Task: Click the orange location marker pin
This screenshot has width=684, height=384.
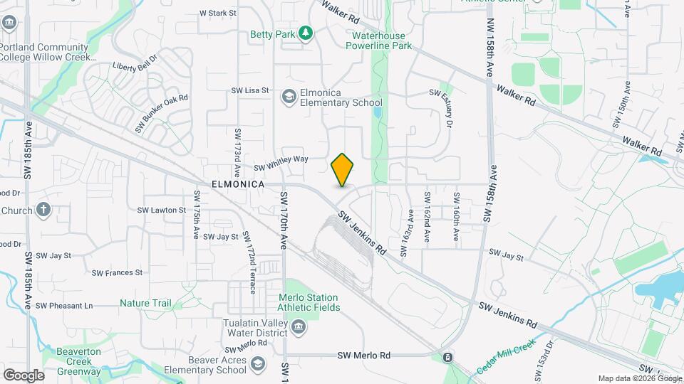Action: pos(343,170)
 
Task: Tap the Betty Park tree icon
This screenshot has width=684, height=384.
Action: pos(306,33)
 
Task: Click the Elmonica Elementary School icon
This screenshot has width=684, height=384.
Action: pos(289,96)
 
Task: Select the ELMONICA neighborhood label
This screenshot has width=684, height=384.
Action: pos(238,184)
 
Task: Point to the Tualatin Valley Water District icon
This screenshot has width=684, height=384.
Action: pos(298,327)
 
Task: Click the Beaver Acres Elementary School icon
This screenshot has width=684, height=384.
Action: pos(256,365)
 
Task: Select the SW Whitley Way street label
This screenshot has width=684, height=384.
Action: pos(281,163)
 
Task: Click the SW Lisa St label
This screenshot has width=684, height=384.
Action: pos(249,90)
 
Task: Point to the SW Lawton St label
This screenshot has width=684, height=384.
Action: pos(161,210)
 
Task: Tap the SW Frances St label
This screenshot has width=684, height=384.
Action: pos(118,272)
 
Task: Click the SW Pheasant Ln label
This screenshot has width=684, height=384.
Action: pos(64,306)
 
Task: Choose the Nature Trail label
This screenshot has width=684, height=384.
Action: pos(145,303)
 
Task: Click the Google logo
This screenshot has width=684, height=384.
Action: pos(24,375)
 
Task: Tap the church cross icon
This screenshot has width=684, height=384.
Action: pos(43,210)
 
